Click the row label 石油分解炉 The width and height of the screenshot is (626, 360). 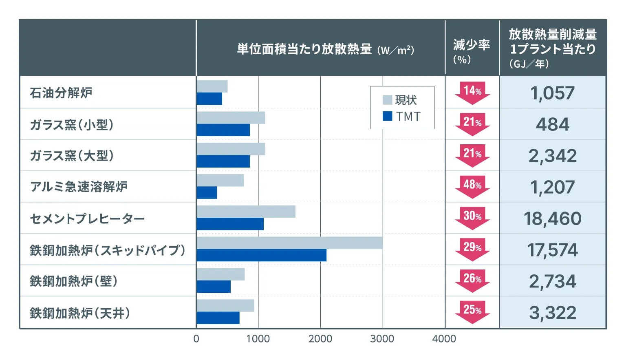[61, 93]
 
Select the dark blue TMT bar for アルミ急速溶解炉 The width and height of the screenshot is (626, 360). [207, 193]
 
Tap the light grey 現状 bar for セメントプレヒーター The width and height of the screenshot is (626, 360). [246, 212]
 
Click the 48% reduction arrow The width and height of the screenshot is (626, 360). [472, 186]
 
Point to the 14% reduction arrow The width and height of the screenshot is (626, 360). [472, 92]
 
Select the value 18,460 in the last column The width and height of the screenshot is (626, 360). [552, 219]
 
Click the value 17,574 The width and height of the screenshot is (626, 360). [552, 250]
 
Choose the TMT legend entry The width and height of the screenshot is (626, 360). [401, 117]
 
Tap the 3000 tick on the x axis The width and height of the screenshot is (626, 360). [382, 339]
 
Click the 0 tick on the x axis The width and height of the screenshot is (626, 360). [196, 339]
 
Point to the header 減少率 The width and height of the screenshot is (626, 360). [472, 45]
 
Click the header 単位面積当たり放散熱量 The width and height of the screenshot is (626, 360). [304, 49]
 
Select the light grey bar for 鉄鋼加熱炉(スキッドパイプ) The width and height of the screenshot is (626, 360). [289, 243]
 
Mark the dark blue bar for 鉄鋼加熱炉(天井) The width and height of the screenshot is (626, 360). [218, 318]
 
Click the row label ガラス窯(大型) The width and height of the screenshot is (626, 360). [72, 156]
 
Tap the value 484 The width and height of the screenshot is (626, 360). [552, 124]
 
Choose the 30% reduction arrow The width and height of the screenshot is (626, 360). [472, 217]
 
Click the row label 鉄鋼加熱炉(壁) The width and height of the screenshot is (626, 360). [74, 281]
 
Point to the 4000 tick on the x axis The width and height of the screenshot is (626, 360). [444, 339]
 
